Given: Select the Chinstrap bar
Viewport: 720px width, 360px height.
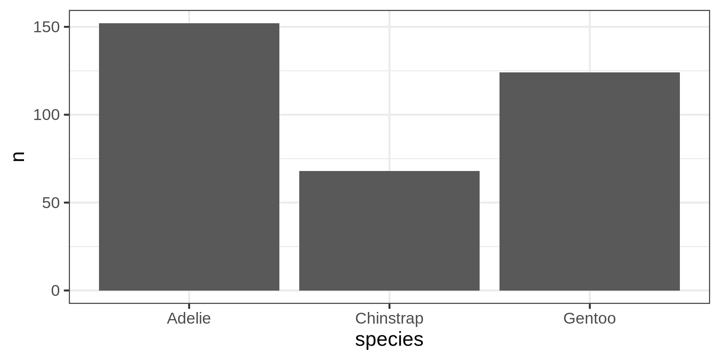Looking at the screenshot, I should pyautogui.click(x=389, y=231).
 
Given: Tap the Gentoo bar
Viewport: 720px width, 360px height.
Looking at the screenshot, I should pyautogui.click(x=589, y=181).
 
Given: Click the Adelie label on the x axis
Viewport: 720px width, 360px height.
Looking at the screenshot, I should pyautogui.click(x=189, y=319).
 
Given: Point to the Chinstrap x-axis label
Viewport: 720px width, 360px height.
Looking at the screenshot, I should pyautogui.click(x=389, y=319).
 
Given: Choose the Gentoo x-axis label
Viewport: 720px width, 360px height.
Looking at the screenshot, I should pyautogui.click(x=589, y=319).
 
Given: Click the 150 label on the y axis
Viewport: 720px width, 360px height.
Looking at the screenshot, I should pyautogui.click(x=46, y=27).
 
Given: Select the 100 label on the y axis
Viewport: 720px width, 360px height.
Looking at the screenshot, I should pyautogui.click(x=46, y=115).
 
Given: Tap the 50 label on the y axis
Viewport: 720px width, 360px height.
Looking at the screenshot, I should pyautogui.click(x=51, y=203).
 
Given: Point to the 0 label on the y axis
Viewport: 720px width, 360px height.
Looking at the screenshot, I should pyautogui.click(x=55, y=291).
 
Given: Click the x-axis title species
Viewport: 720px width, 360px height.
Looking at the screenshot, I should pyautogui.click(x=389, y=340).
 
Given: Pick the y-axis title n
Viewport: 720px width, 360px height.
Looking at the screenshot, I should pyautogui.click(x=18, y=156).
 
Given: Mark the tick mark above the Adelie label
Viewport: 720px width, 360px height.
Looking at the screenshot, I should pyautogui.click(x=189, y=306).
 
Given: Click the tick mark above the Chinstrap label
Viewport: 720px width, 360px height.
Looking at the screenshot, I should pyautogui.click(x=389, y=306).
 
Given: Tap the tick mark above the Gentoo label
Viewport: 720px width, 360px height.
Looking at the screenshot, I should pyautogui.click(x=589, y=306).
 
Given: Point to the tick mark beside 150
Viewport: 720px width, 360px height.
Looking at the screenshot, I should pyautogui.click(x=67, y=27).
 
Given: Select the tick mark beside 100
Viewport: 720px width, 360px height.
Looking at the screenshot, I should pyautogui.click(x=67, y=115).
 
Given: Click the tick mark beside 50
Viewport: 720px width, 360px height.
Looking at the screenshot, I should pyautogui.click(x=67, y=202).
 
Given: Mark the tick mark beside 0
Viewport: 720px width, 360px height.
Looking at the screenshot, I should pyautogui.click(x=67, y=290).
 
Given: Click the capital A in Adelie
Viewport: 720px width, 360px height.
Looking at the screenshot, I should pyautogui.click(x=172, y=319).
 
